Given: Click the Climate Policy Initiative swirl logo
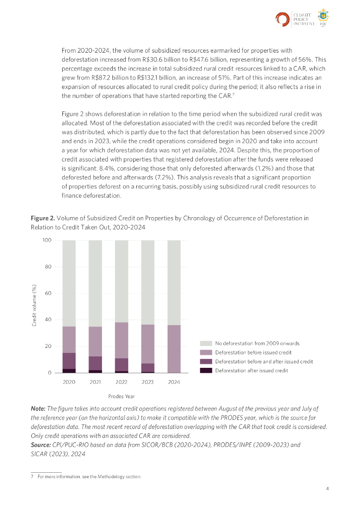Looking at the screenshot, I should (x=282, y=19).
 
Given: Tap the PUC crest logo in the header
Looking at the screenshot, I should (x=324, y=18).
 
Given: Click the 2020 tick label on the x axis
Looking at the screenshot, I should (x=69, y=382).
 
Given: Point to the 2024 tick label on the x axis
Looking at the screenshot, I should (x=174, y=382).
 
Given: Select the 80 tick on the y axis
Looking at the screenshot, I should (x=47, y=267).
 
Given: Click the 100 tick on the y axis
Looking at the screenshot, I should (x=47, y=241).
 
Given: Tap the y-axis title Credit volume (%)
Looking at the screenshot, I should (x=34, y=306).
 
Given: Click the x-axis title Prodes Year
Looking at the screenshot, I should (x=121, y=396).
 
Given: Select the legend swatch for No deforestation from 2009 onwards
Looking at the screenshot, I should (x=206, y=343).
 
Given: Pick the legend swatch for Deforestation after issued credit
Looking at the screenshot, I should (x=206, y=370).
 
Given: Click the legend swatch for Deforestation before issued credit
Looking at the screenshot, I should (x=206, y=352).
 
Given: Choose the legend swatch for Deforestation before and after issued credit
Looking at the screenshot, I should (x=206, y=361).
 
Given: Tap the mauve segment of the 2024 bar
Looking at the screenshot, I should (x=174, y=348).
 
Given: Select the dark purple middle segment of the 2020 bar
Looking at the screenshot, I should (x=69, y=361).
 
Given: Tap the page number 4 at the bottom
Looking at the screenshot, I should (x=327, y=489).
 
